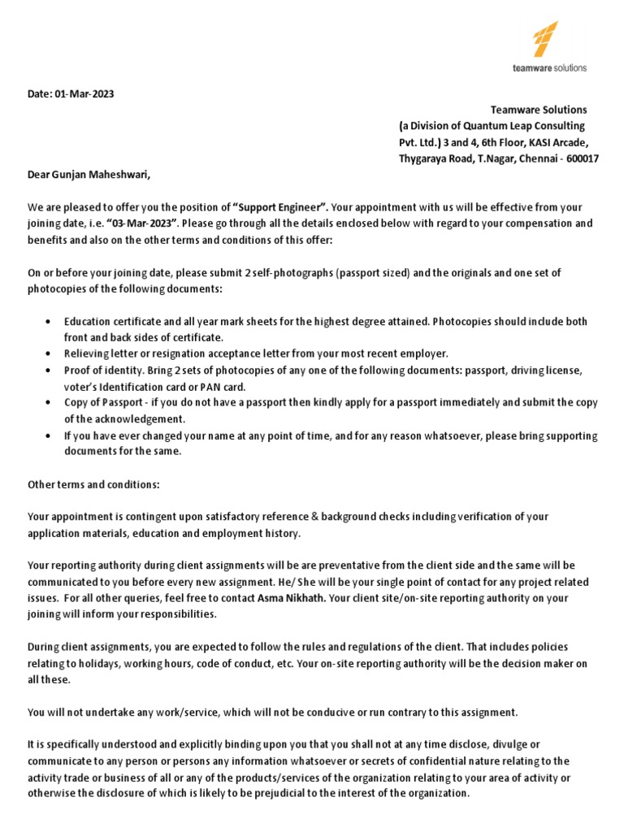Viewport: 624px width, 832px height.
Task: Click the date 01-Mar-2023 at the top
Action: click(84, 93)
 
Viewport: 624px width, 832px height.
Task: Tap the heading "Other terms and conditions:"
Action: click(94, 485)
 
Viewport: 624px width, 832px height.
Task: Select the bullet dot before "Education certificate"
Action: click(51, 322)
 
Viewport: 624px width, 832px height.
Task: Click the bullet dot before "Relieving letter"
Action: click(51, 353)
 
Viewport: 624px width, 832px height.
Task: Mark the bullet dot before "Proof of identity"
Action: click(51, 370)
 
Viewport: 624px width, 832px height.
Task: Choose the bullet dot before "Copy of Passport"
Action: click(51, 403)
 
